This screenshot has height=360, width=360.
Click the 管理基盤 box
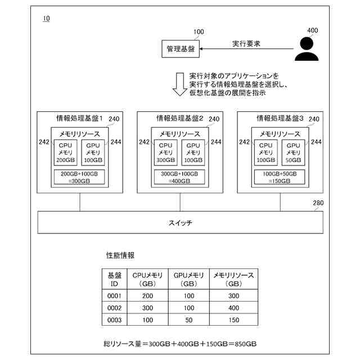pos(181,49)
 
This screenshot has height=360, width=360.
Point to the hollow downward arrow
pos(179,84)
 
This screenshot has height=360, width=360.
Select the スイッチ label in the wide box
pos(180,223)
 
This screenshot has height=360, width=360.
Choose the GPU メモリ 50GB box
pos(293,152)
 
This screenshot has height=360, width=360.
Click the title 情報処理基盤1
pos(78,119)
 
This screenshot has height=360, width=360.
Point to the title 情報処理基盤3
pos(280,119)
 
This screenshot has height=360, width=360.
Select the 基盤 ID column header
pos(114,280)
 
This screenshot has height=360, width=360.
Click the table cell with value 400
pos(233,308)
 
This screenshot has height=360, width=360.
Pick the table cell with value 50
pos(188,320)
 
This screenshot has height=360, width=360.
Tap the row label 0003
pos(114,320)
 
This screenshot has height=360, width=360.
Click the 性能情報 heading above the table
pos(120,255)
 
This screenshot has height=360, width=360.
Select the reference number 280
pos(318,203)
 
